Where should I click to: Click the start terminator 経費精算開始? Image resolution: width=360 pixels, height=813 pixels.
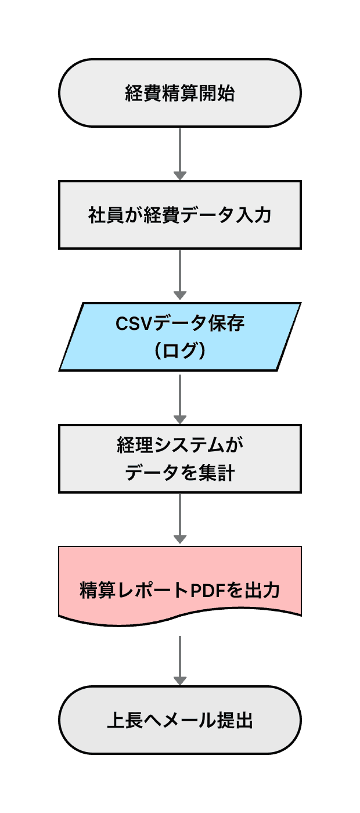(x=180, y=93)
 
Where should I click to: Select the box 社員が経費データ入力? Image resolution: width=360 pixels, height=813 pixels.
(x=180, y=215)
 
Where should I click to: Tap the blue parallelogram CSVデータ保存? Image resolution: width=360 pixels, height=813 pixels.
(x=180, y=337)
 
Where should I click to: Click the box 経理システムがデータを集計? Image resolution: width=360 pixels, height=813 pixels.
(x=180, y=459)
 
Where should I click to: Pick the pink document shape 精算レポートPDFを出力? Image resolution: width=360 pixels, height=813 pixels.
(x=180, y=581)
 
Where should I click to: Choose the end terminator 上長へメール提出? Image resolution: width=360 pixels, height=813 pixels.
(x=180, y=720)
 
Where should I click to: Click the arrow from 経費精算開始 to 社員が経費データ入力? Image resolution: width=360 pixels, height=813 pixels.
(x=180, y=154)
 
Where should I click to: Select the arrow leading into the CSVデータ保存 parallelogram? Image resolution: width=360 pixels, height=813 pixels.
(x=180, y=276)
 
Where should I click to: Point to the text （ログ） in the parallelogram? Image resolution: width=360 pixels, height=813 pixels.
(x=180, y=351)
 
